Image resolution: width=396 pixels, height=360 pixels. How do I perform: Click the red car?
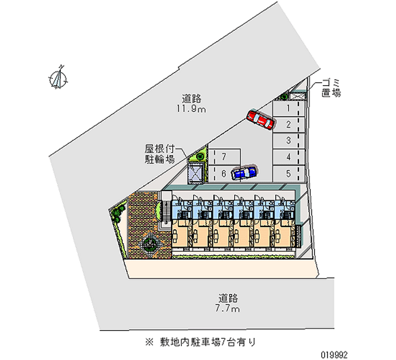click(x=260, y=119)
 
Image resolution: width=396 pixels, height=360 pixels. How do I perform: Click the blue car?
click(x=244, y=172)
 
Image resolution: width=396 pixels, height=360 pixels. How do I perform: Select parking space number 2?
click(x=288, y=124)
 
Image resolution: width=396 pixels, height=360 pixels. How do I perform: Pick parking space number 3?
click(x=288, y=141)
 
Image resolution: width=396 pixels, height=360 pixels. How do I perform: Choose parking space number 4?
click(x=288, y=157)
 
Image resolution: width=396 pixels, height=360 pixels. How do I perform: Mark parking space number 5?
click(x=288, y=173)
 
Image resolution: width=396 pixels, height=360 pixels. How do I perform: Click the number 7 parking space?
click(x=224, y=157)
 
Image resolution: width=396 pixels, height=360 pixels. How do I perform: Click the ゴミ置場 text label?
click(x=330, y=88)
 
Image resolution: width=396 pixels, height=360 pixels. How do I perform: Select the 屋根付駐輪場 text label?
click(x=159, y=154)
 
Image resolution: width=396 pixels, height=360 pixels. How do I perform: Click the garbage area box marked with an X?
click(x=298, y=95)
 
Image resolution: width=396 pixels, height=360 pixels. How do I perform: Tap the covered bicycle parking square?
click(x=196, y=173)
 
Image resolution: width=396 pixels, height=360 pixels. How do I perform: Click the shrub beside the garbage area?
click(x=284, y=96)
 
